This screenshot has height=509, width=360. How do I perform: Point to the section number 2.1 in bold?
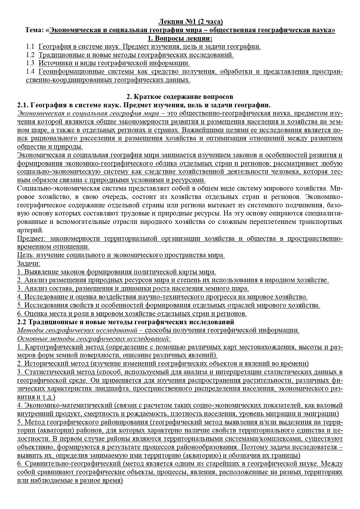click(23, 105)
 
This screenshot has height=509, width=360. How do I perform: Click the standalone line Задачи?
click(29, 264)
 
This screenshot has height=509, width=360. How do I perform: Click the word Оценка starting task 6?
click(36, 314)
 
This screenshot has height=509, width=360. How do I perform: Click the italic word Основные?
click(30, 339)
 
